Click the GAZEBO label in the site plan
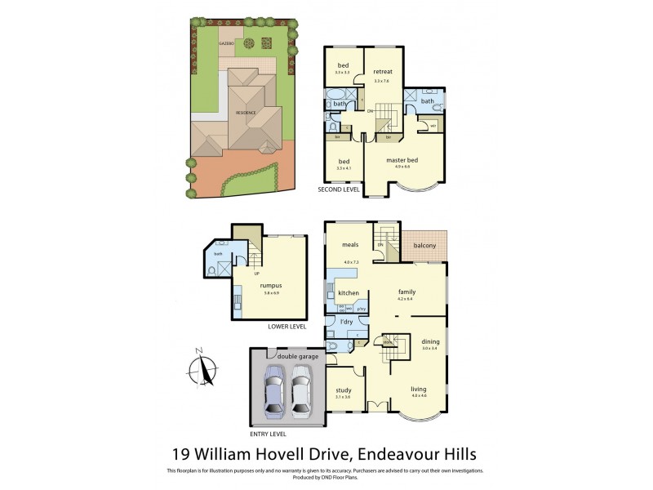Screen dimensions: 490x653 click(226, 41)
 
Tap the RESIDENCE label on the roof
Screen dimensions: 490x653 click(247, 113)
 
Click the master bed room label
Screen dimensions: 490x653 click(402, 160)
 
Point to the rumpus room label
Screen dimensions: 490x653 click(270, 285)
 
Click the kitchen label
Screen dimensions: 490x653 click(349, 292)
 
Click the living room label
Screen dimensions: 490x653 click(419, 401)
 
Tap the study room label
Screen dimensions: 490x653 click(344, 390)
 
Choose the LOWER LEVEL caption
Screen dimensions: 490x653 click(287, 327)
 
